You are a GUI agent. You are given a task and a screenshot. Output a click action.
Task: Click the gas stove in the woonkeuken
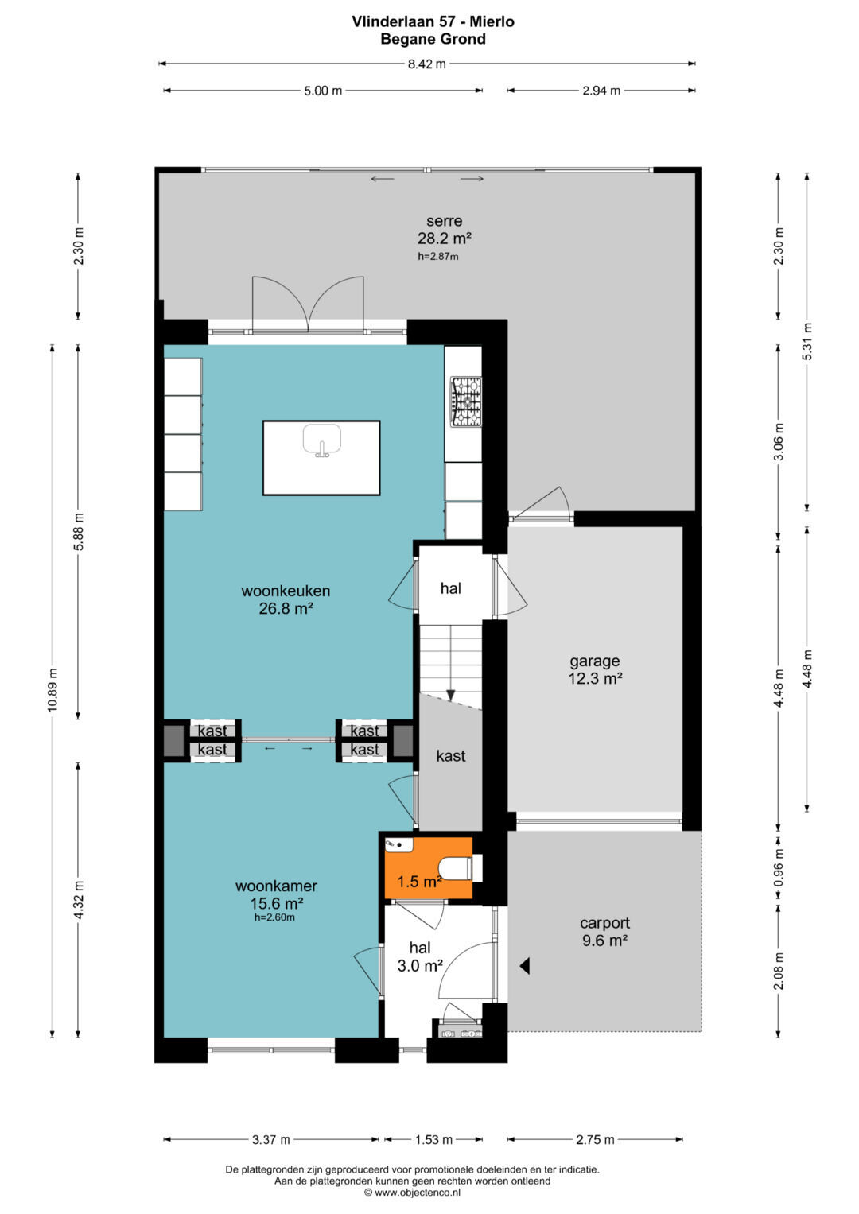coord(466,401)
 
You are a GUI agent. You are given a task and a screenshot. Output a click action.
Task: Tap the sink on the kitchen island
coord(322,440)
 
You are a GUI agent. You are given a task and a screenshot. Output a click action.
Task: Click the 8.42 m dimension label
coord(427,64)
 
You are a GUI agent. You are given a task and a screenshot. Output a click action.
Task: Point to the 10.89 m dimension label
coord(52,690)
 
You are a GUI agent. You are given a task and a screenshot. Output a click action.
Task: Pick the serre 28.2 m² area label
coord(444,230)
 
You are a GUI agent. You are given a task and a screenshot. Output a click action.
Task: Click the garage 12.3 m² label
coord(595,670)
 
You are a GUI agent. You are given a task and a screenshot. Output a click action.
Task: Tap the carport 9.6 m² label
coord(604,932)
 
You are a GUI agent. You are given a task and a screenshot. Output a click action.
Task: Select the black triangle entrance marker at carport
coord(524,966)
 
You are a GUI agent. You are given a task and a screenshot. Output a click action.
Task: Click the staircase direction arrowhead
coord(450,695)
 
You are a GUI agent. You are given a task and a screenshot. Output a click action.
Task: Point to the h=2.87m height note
coord(437,257)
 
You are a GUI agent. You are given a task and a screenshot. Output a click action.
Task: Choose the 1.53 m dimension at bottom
coord(433,1140)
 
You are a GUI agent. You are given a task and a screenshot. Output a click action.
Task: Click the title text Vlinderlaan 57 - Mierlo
coord(433,21)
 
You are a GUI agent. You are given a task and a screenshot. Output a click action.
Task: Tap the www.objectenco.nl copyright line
coord(413,1193)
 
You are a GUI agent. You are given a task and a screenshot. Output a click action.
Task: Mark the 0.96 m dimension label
coord(779,867)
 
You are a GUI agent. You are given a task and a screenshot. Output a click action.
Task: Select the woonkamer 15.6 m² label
coord(276,894)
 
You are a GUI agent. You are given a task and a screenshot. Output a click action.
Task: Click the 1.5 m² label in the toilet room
coord(419,882)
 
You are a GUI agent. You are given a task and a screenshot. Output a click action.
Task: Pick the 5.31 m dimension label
coord(807,341)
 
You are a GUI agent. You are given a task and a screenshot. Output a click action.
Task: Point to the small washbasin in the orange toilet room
coord(398,845)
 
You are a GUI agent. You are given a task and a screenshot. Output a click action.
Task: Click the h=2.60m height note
coord(274,917)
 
